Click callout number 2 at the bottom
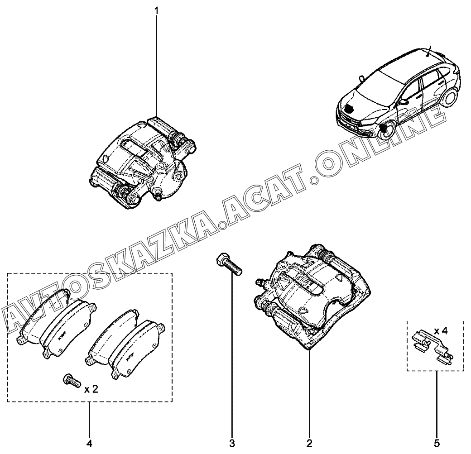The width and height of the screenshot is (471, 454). tap(309, 442)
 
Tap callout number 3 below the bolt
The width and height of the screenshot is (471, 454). tap(232, 442)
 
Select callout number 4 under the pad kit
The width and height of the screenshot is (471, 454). tap(89, 442)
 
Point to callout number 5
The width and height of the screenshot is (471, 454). tap(437, 442)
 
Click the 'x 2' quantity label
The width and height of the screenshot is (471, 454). tap(91, 389)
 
